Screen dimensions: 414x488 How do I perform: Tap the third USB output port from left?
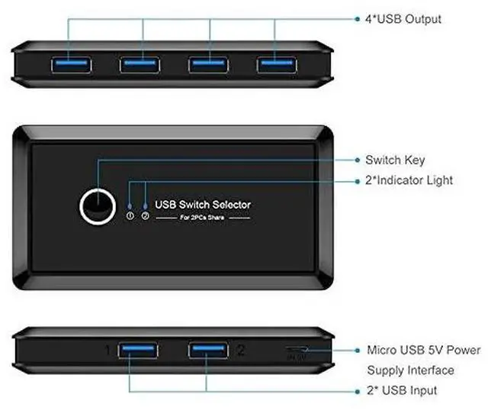(209, 63)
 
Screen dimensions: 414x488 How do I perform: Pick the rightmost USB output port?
(275, 63)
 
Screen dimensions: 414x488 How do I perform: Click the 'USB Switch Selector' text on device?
(203, 204)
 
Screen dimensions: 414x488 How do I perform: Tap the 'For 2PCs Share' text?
(202, 218)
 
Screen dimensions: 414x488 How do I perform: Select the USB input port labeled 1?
(138, 351)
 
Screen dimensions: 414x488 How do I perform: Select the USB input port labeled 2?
(209, 351)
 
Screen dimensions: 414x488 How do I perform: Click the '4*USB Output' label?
(403, 18)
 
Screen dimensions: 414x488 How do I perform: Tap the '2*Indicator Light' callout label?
(409, 181)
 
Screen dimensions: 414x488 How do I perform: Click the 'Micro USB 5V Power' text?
(424, 351)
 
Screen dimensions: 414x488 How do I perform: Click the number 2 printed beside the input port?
(241, 351)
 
